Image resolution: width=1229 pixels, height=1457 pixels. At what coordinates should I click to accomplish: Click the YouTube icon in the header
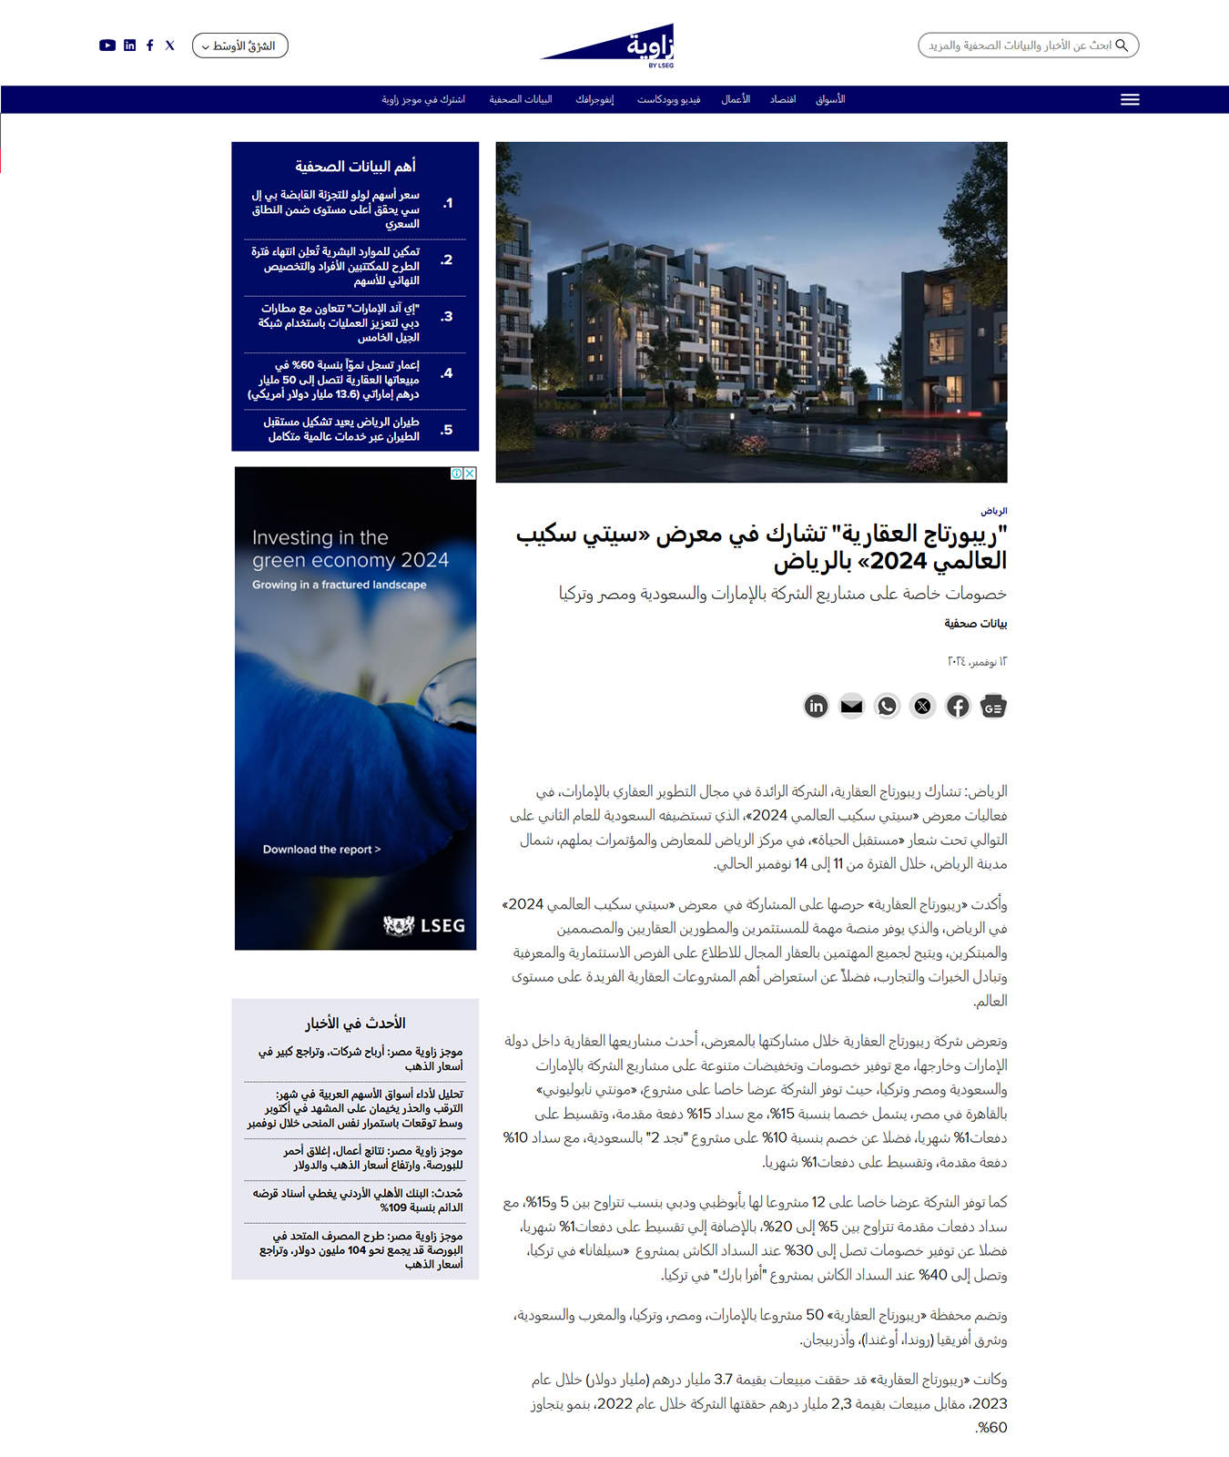(x=107, y=46)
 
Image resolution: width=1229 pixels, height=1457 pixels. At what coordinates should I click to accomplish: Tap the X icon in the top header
(x=170, y=46)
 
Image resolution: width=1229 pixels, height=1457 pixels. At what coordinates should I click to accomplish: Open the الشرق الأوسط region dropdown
(x=239, y=46)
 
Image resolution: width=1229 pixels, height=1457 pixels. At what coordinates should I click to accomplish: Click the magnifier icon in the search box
(x=1122, y=45)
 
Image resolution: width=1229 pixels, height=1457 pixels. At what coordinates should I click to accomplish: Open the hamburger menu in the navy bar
(x=1130, y=99)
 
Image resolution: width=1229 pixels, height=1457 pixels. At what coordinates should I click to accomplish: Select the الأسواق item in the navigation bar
(x=829, y=99)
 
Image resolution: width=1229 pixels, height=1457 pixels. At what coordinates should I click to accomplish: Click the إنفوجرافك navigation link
(x=594, y=99)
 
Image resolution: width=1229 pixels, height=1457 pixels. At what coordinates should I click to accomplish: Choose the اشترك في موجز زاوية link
(x=423, y=99)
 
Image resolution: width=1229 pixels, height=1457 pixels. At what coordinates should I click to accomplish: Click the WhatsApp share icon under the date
(x=887, y=706)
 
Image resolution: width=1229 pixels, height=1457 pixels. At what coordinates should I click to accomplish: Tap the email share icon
(x=851, y=706)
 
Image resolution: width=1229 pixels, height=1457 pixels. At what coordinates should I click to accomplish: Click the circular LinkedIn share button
(x=817, y=706)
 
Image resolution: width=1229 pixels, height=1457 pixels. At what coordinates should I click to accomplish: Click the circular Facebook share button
(x=958, y=706)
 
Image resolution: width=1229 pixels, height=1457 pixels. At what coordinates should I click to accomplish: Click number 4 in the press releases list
(x=447, y=373)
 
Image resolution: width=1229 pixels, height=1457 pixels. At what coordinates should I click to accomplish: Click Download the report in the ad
(x=321, y=850)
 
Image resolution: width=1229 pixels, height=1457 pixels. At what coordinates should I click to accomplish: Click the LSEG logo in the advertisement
(x=424, y=925)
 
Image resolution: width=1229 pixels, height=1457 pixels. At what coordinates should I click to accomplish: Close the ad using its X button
(x=470, y=474)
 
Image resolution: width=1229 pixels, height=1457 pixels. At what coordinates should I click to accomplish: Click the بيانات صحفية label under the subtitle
(x=975, y=624)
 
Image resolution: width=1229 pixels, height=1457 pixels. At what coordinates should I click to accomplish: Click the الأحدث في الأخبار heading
(x=355, y=1024)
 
